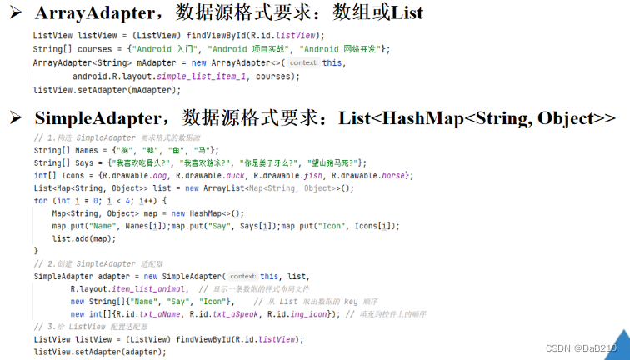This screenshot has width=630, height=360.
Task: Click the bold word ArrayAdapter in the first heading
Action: click(87, 13)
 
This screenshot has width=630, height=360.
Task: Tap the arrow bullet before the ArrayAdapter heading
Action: click(15, 13)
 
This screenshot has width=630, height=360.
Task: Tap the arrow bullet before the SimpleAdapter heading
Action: click(15, 119)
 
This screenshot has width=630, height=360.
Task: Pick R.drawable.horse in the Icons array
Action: click(376, 175)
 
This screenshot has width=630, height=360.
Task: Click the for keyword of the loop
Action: click(39, 201)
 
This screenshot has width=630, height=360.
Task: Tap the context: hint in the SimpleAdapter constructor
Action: click(242, 276)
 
